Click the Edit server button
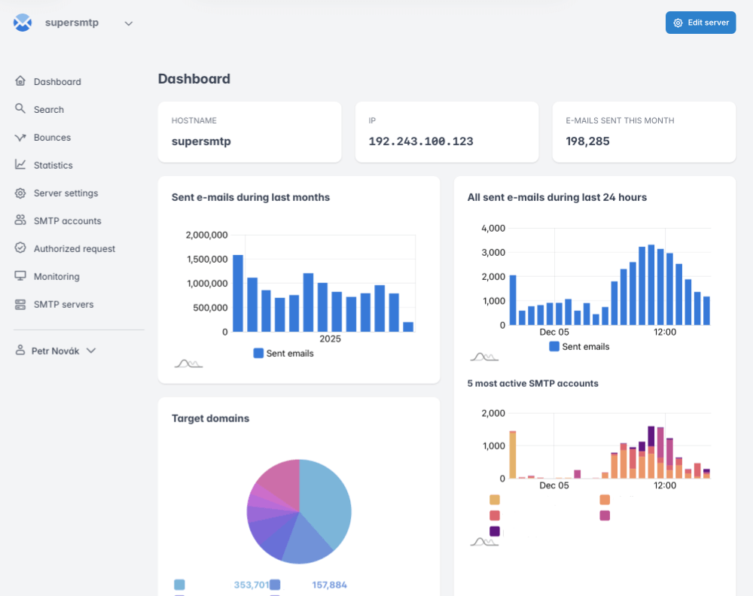700,23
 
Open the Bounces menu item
52,138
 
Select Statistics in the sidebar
53,166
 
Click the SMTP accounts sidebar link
67,221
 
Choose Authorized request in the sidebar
74,249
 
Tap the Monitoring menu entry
56,277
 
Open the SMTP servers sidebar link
63,305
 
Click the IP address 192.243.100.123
421,141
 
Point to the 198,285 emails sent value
588,141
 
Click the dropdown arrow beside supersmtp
129,23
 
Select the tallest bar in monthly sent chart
238,293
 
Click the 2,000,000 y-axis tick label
206,236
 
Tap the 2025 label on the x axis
330,339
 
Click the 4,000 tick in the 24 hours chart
493,228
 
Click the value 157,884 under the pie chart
329,585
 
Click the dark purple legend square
495,531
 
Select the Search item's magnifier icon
20,109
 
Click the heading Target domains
210,418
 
